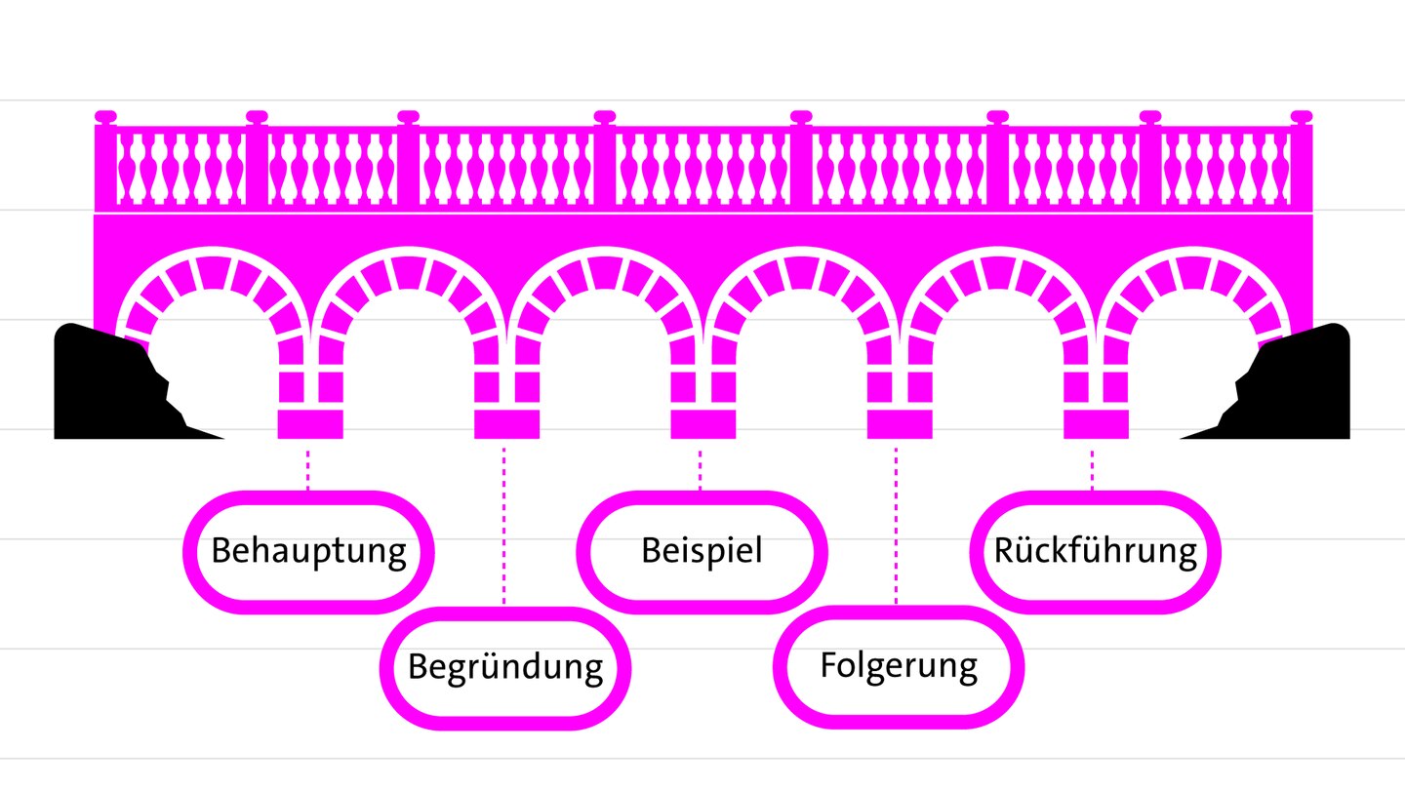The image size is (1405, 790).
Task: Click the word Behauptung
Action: tap(308, 551)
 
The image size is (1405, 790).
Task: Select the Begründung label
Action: tap(504, 668)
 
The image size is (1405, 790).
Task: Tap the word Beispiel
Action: tap(701, 550)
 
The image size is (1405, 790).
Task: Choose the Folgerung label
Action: tap(898, 666)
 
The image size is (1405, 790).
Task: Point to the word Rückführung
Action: tap(1095, 551)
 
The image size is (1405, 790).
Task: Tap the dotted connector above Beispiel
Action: tap(701, 468)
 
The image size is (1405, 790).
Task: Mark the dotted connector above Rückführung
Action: tap(1093, 468)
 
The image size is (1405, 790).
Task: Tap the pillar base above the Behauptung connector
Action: tap(310, 424)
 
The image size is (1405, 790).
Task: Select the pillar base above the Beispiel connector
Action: tap(702, 424)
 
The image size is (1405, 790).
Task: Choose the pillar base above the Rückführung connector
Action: tap(1095, 424)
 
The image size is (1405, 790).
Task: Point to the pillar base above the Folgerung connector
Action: tap(899, 424)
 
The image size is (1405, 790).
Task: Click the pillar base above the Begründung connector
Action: tap(506, 424)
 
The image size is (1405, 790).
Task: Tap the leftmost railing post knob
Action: tap(105, 117)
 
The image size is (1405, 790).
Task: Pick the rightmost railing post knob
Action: tap(1302, 117)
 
